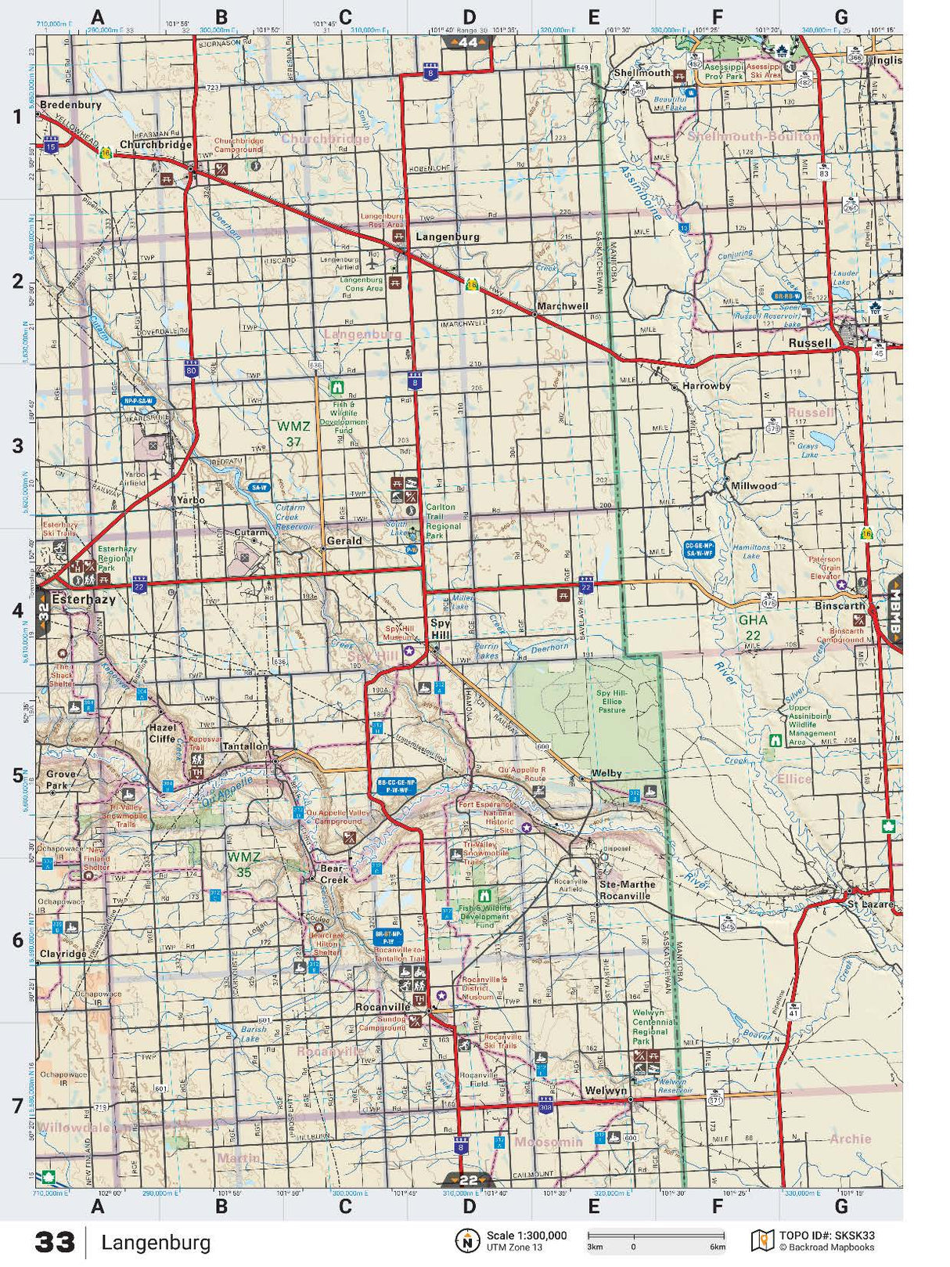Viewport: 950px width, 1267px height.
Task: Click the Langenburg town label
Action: click(447, 236)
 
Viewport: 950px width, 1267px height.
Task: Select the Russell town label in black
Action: click(810, 343)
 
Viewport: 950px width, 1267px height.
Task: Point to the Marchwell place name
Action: click(562, 306)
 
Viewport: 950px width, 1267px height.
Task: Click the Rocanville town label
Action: click(383, 1007)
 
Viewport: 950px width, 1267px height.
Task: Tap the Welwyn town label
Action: click(606, 1091)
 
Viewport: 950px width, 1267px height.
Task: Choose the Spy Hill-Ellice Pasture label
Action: click(611, 702)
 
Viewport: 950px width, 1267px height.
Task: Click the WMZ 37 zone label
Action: click(293, 434)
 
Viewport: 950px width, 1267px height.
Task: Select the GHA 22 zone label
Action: click(753, 627)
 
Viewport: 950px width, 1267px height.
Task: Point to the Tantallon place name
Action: click(245, 746)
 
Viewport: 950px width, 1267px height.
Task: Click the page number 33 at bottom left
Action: click(55, 1243)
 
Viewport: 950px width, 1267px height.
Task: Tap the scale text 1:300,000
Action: click(527, 1236)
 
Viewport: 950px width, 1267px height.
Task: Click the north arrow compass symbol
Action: click(467, 1240)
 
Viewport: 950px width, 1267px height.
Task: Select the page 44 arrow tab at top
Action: click(468, 42)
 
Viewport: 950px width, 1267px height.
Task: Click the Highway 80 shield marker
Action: click(192, 368)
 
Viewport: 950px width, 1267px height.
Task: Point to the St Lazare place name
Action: click(870, 904)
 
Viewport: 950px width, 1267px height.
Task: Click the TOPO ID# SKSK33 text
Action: click(826, 1236)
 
